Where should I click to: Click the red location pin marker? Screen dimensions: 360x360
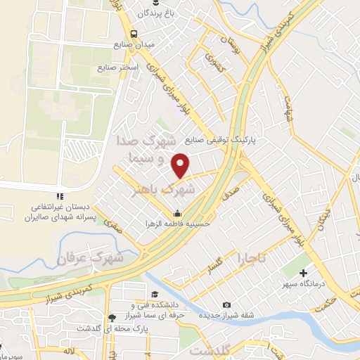(181, 165)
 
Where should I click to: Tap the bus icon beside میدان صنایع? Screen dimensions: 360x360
(133, 32)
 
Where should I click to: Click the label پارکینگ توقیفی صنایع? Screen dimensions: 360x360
(228, 141)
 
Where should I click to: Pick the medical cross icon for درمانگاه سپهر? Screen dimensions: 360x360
(304, 273)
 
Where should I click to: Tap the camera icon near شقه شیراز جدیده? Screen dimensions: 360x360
(226, 304)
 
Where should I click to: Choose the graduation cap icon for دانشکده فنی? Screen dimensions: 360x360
(154, 294)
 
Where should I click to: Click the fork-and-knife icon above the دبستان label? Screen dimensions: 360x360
(60, 196)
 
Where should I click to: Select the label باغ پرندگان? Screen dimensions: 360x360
(153, 13)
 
